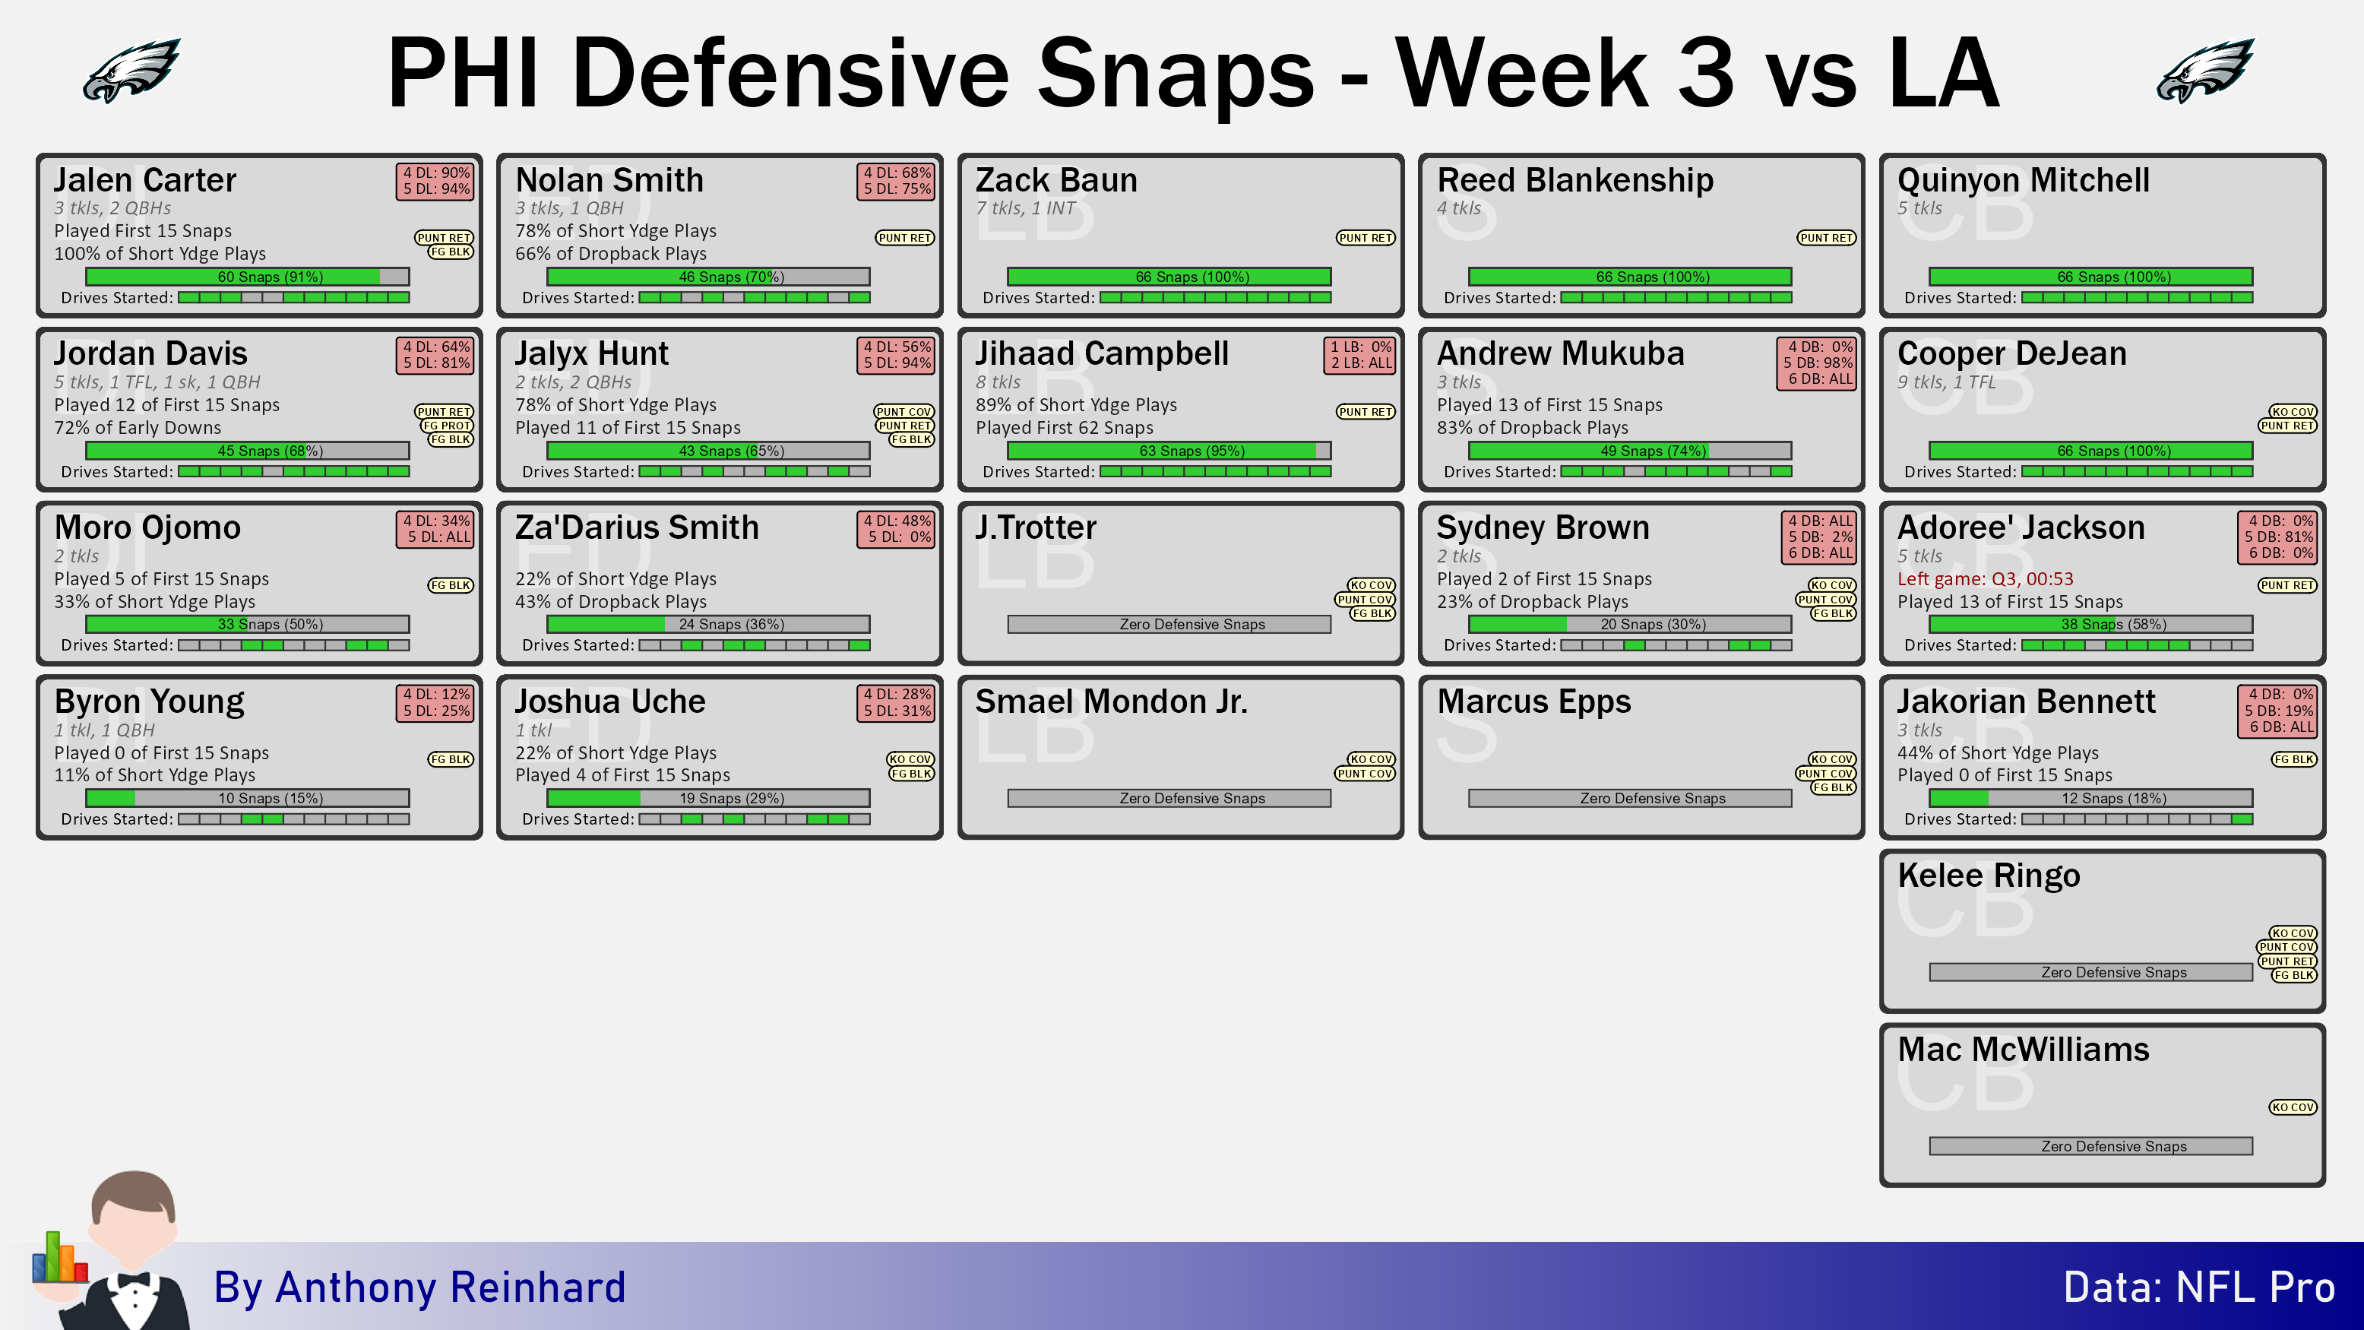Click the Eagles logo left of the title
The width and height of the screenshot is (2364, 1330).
(x=131, y=70)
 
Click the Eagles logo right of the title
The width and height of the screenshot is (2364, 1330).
(x=2205, y=70)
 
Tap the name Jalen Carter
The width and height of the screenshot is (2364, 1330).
(x=145, y=180)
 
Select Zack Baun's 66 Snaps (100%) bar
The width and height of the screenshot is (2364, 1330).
(x=1169, y=277)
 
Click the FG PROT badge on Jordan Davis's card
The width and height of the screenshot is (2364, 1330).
(x=447, y=426)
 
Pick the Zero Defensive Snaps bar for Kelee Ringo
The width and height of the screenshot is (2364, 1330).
(x=2090, y=972)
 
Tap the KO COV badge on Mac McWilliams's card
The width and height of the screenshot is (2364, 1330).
(x=2293, y=1107)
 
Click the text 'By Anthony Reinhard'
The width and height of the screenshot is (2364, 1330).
(x=419, y=1287)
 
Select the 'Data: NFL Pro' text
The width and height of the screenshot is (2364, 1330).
(x=2199, y=1287)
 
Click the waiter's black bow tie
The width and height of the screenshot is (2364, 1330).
(x=133, y=1280)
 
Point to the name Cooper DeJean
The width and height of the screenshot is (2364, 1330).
(x=2011, y=353)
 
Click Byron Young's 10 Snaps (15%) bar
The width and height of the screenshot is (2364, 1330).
(x=248, y=798)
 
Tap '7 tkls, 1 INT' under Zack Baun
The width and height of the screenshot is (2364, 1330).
(x=1025, y=208)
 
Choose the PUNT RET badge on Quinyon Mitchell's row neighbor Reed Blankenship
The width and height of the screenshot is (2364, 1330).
(x=1826, y=238)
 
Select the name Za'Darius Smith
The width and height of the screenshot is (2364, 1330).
(x=637, y=527)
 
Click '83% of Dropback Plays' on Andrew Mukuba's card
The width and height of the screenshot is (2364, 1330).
(x=1532, y=428)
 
